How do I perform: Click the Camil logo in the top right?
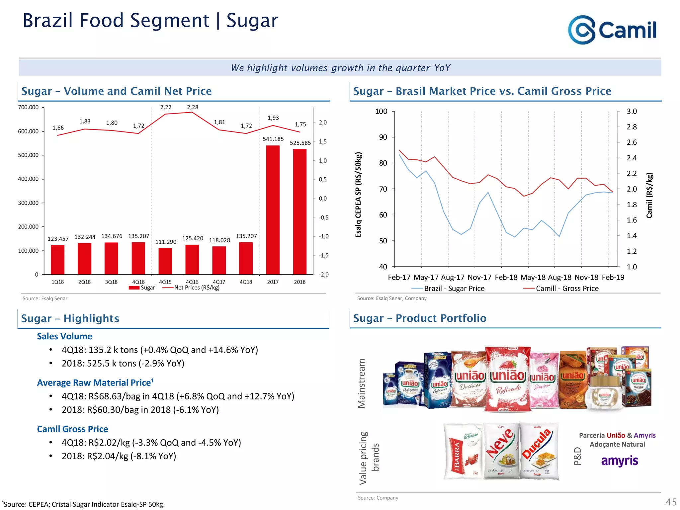pyautogui.click(x=612, y=30)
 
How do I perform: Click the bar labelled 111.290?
pyautogui.click(x=165, y=261)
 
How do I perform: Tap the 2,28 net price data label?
pyautogui.click(x=193, y=107)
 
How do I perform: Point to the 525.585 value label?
pyautogui.click(x=300, y=143)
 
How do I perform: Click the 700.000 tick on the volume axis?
pyautogui.click(x=28, y=107)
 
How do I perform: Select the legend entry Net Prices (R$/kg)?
pyautogui.click(x=197, y=288)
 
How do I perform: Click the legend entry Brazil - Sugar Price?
pyautogui.click(x=454, y=289)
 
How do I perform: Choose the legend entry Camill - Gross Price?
pyautogui.click(x=567, y=289)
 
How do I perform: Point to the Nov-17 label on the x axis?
pyautogui.click(x=479, y=277)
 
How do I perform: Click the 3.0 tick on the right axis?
pyautogui.click(x=632, y=112)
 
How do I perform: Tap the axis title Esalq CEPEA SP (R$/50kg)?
pyautogui.click(x=358, y=195)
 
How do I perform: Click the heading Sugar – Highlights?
pyautogui.click(x=70, y=318)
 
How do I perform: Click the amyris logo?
pyautogui.click(x=620, y=461)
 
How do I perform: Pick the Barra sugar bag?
pyautogui.click(x=463, y=452)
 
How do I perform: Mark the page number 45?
pyautogui.click(x=671, y=502)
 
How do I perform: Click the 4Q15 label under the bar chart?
pyautogui.click(x=165, y=282)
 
